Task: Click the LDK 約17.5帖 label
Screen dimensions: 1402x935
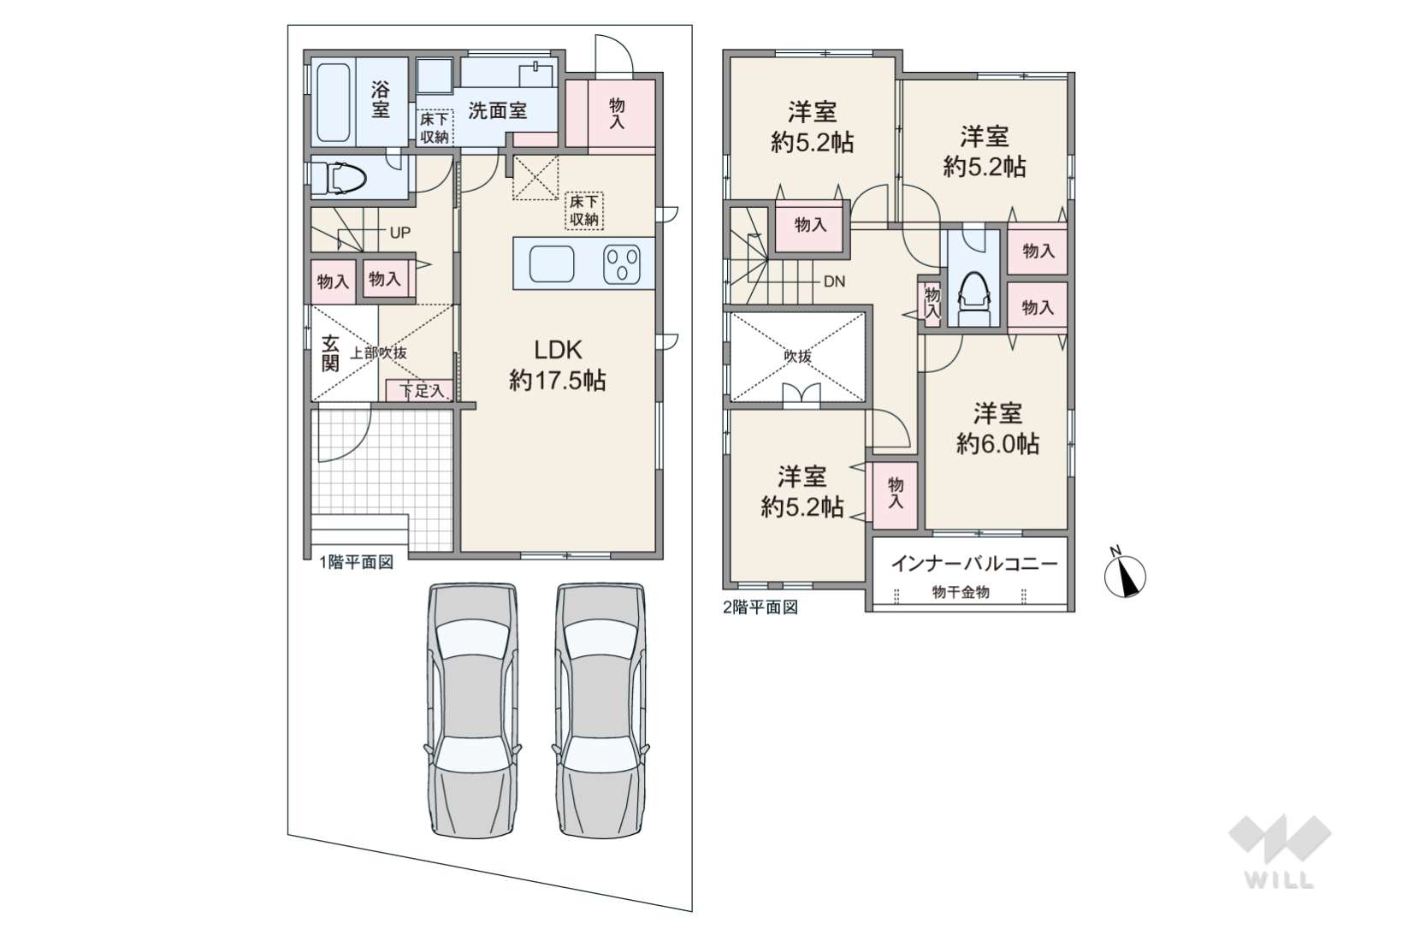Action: pyautogui.click(x=557, y=365)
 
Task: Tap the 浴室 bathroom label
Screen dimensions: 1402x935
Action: pyautogui.click(x=381, y=99)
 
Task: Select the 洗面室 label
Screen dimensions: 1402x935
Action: pyautogui.click(x=498, y=110)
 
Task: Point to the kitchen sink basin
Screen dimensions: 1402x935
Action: pyautogui.click(x=552, y=263)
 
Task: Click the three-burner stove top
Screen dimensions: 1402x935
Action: pyautogui.click(x=622, y=264)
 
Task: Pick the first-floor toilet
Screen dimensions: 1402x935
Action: pyautogui.click(x=339, y=177)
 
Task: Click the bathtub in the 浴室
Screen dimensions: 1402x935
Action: pyautogui.click(x=333, y=103)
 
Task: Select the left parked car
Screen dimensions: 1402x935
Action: pyautogui.click(x=472, y=710)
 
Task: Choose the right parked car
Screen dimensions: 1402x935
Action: pyautogui.click(x=600, y=710)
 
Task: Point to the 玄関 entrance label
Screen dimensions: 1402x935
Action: pyautogui.click(x=330, y=353)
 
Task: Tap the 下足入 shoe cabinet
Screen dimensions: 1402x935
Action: pyautogui.click(x=419, y=391)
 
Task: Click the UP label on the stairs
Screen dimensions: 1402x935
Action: pyautogui.click(x=400, y=233)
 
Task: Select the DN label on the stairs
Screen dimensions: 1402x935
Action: pyautogui.click(x=834, y=281)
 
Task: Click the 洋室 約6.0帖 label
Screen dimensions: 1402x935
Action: pyautogui.click(x=997, y=429)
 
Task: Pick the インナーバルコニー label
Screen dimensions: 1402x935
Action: pyautogui.click(x=974, y=564)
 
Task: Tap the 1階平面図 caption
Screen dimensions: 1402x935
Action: pyautogui.click(x=356, y=563)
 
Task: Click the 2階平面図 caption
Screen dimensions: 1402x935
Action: pyautogui.click(x=760, y=607)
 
